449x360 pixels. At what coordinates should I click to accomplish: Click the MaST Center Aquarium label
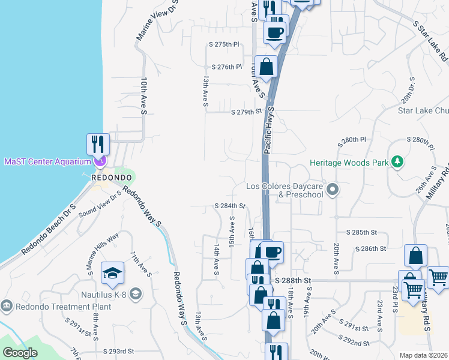click(46, 161)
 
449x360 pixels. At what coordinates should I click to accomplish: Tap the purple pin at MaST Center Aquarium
click(100, 161)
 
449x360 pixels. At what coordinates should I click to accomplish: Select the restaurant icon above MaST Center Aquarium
click(98, 144)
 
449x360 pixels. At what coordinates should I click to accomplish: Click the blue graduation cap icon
click(113, 274)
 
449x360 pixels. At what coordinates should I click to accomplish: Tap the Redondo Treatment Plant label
click(48, 307)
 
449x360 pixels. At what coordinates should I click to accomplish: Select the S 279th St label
click(247, 112)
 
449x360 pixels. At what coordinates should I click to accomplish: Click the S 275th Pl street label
click(224, 44)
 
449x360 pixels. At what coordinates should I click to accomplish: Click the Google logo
click(20, 353)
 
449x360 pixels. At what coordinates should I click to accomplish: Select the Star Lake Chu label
click(423, 110)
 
